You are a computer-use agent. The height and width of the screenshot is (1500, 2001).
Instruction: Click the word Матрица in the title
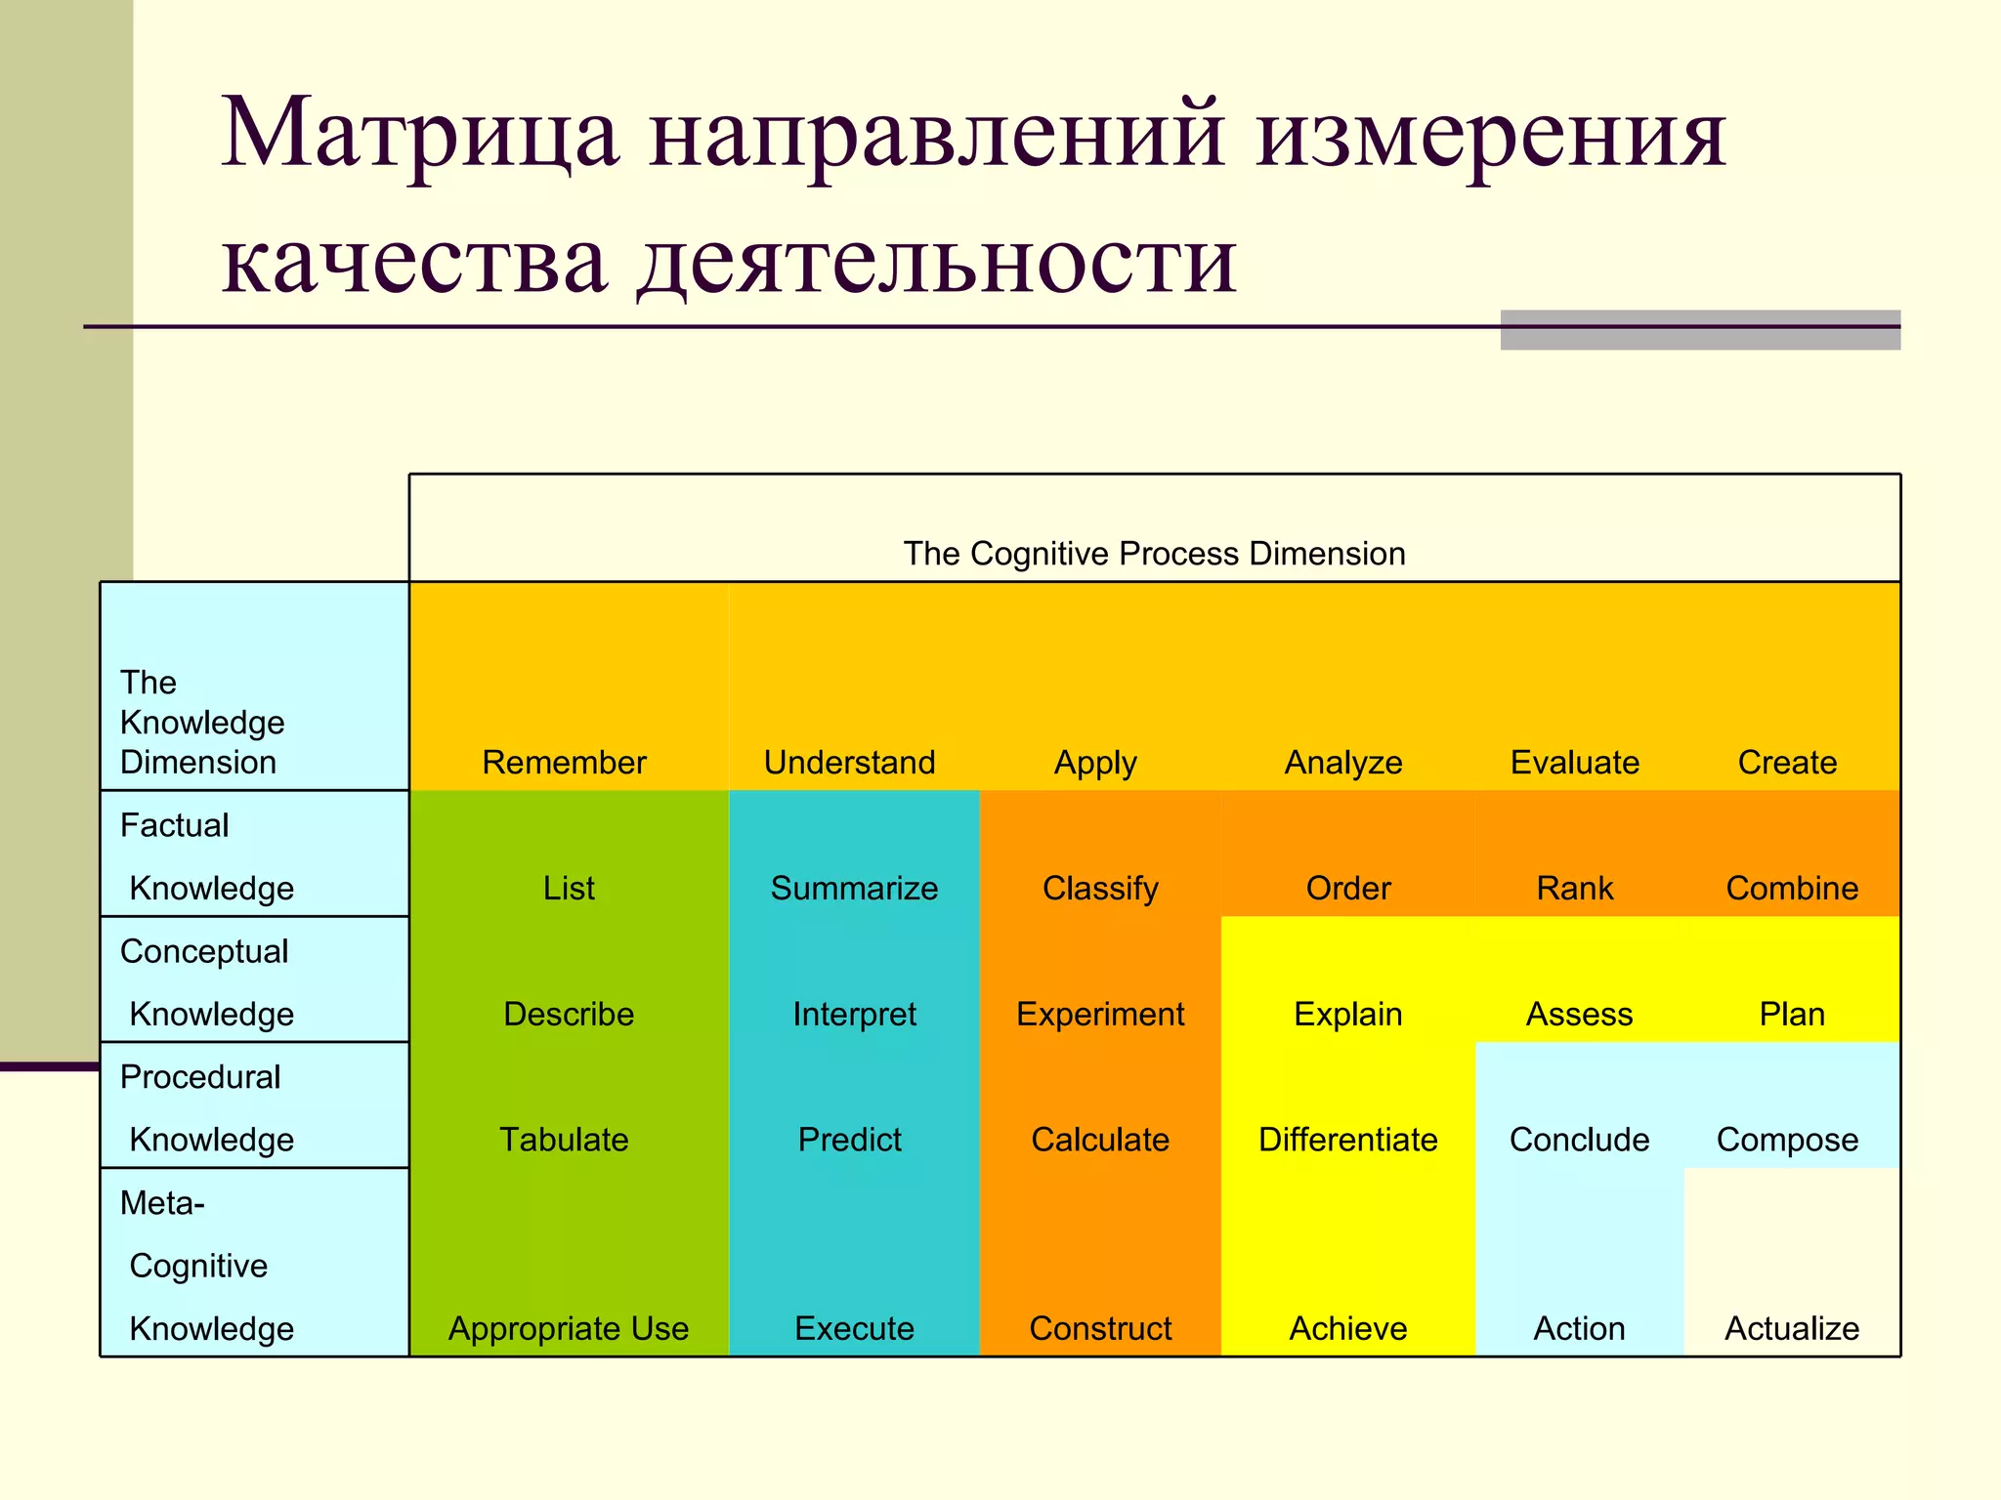coord(420,134)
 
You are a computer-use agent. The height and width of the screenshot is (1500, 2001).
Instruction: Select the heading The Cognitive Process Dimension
coord(1154,554)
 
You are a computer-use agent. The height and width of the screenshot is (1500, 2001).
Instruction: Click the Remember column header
coord(564,763)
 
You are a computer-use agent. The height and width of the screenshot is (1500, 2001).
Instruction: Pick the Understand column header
coord(849,763)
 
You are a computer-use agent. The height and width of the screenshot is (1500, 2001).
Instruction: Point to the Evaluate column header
coord(1574,763)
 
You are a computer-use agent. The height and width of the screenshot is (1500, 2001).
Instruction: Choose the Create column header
coord(1787,763)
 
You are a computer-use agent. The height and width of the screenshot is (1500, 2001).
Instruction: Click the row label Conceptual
coord(204,951)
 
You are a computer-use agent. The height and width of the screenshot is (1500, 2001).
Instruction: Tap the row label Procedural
coord(200,1077)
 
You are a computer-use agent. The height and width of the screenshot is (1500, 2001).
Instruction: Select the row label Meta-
coord(162,1203)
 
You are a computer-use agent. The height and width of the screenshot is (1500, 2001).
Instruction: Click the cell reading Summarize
coord(854,889)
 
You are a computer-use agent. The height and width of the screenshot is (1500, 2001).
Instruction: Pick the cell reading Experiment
coord(1100,1015)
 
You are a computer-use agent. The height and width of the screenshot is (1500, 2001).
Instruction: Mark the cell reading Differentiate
coord(1347,1141)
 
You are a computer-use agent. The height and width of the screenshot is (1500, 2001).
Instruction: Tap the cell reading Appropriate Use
coord(569,1329)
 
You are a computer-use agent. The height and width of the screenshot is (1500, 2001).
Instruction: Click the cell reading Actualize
coord(1792,1329)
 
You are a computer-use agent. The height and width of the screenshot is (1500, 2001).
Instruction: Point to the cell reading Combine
coord(1792,889)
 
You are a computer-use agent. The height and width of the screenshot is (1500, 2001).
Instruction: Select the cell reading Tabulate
coord(564,1141)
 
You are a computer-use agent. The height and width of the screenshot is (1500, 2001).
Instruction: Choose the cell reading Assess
coord(1579,1015)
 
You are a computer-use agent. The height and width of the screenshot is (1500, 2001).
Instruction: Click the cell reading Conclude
coord(1579,1141)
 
